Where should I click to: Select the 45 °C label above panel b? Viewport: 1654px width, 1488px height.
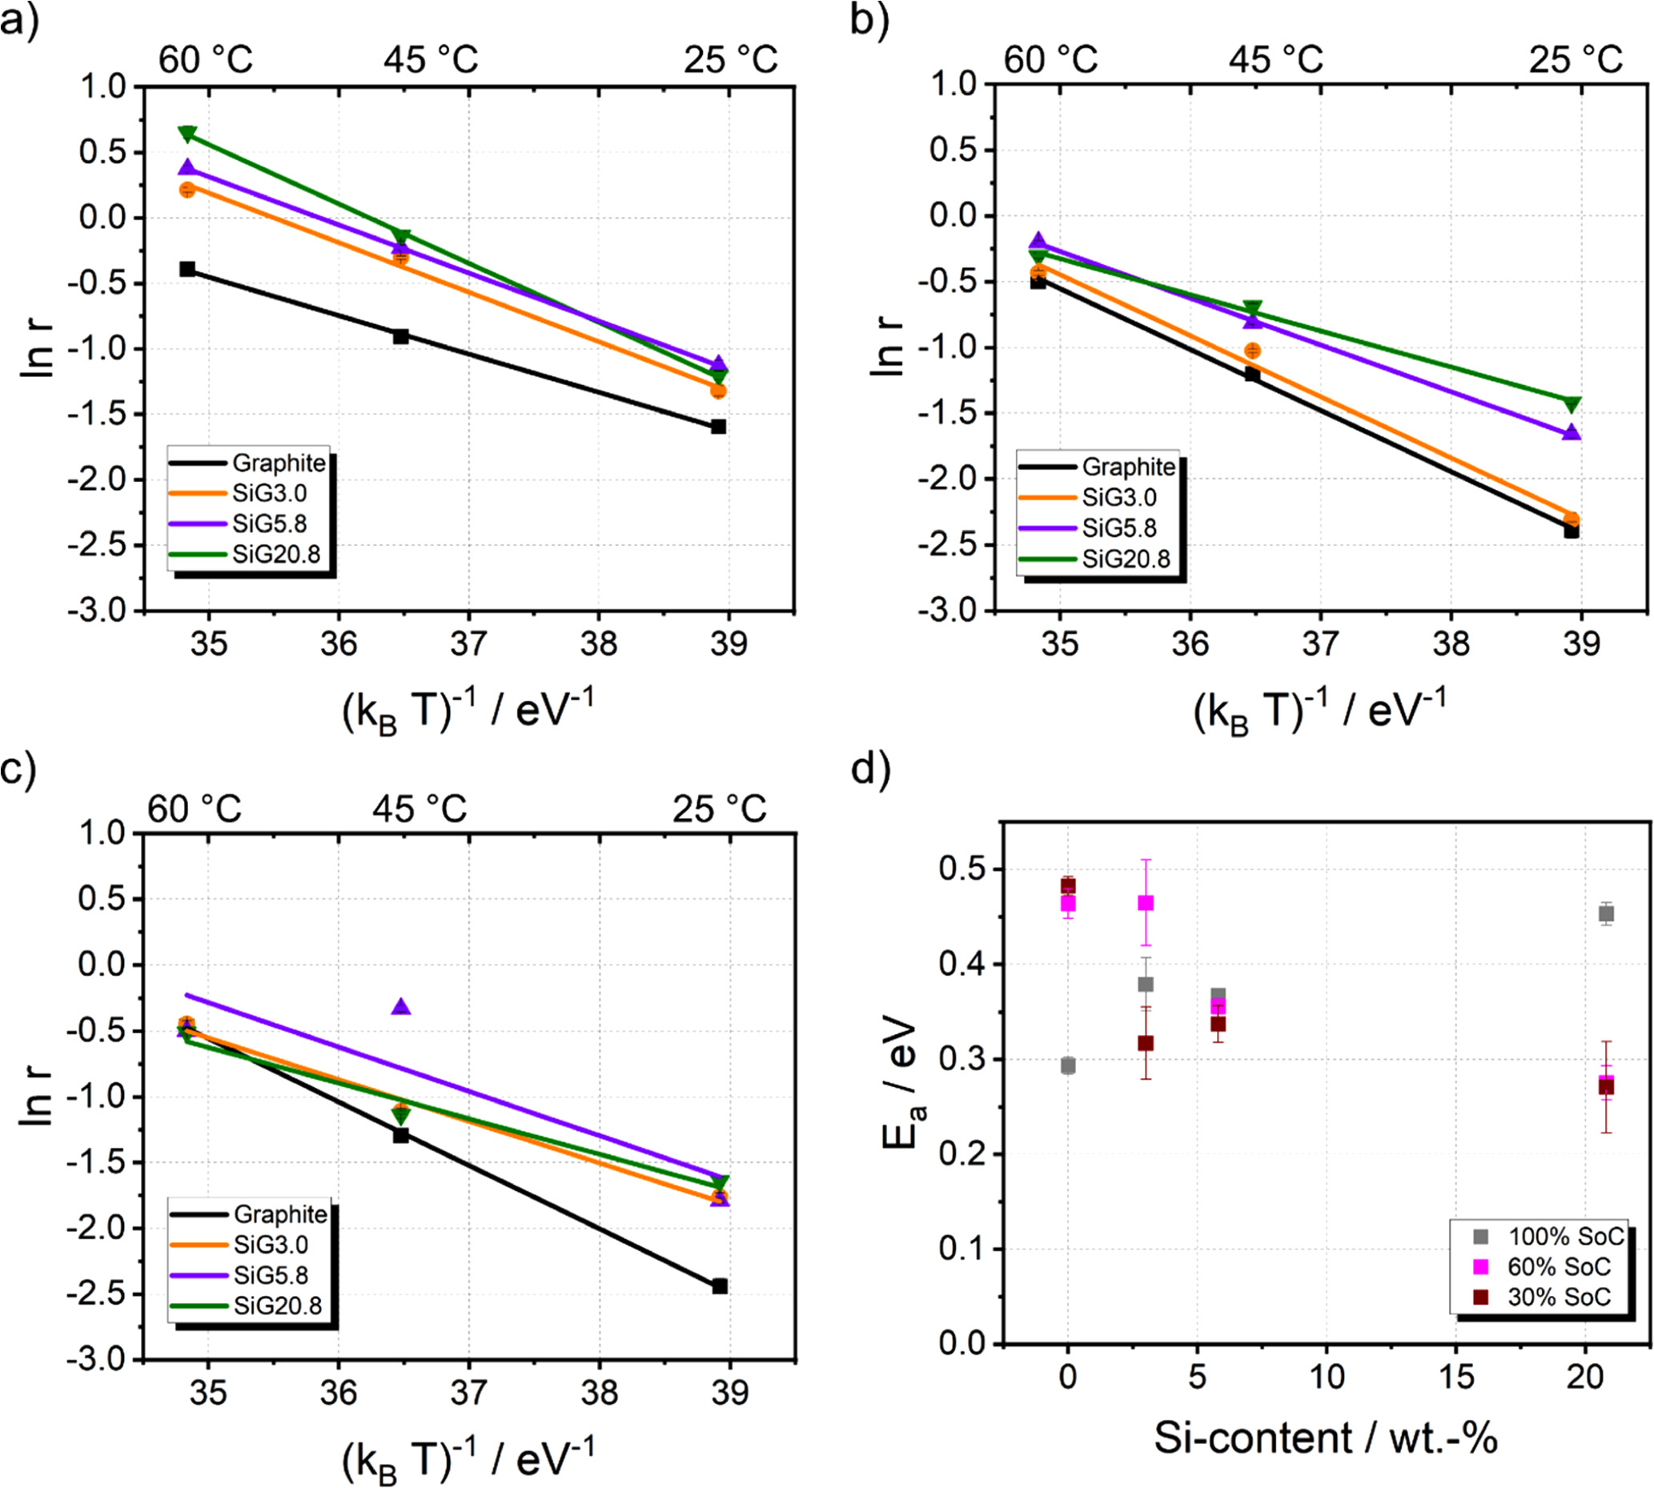pos(1275,60)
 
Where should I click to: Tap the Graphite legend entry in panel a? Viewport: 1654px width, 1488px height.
pos(278,463)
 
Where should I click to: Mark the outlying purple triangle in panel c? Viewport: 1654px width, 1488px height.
pos(400,1007)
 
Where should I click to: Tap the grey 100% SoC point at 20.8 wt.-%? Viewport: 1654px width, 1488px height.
pos(1605,914)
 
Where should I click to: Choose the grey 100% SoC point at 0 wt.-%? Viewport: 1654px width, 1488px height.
pos(1068,1065)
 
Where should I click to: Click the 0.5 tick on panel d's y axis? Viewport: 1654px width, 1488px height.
pos(957,870)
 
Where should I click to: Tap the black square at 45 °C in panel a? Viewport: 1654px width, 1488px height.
pos(400,336)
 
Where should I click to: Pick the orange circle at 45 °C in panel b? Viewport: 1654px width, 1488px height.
pos(1252,351)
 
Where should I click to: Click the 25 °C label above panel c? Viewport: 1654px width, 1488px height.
pos(720,809)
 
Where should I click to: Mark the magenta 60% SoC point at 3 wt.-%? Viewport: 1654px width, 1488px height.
pos(1146,904)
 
